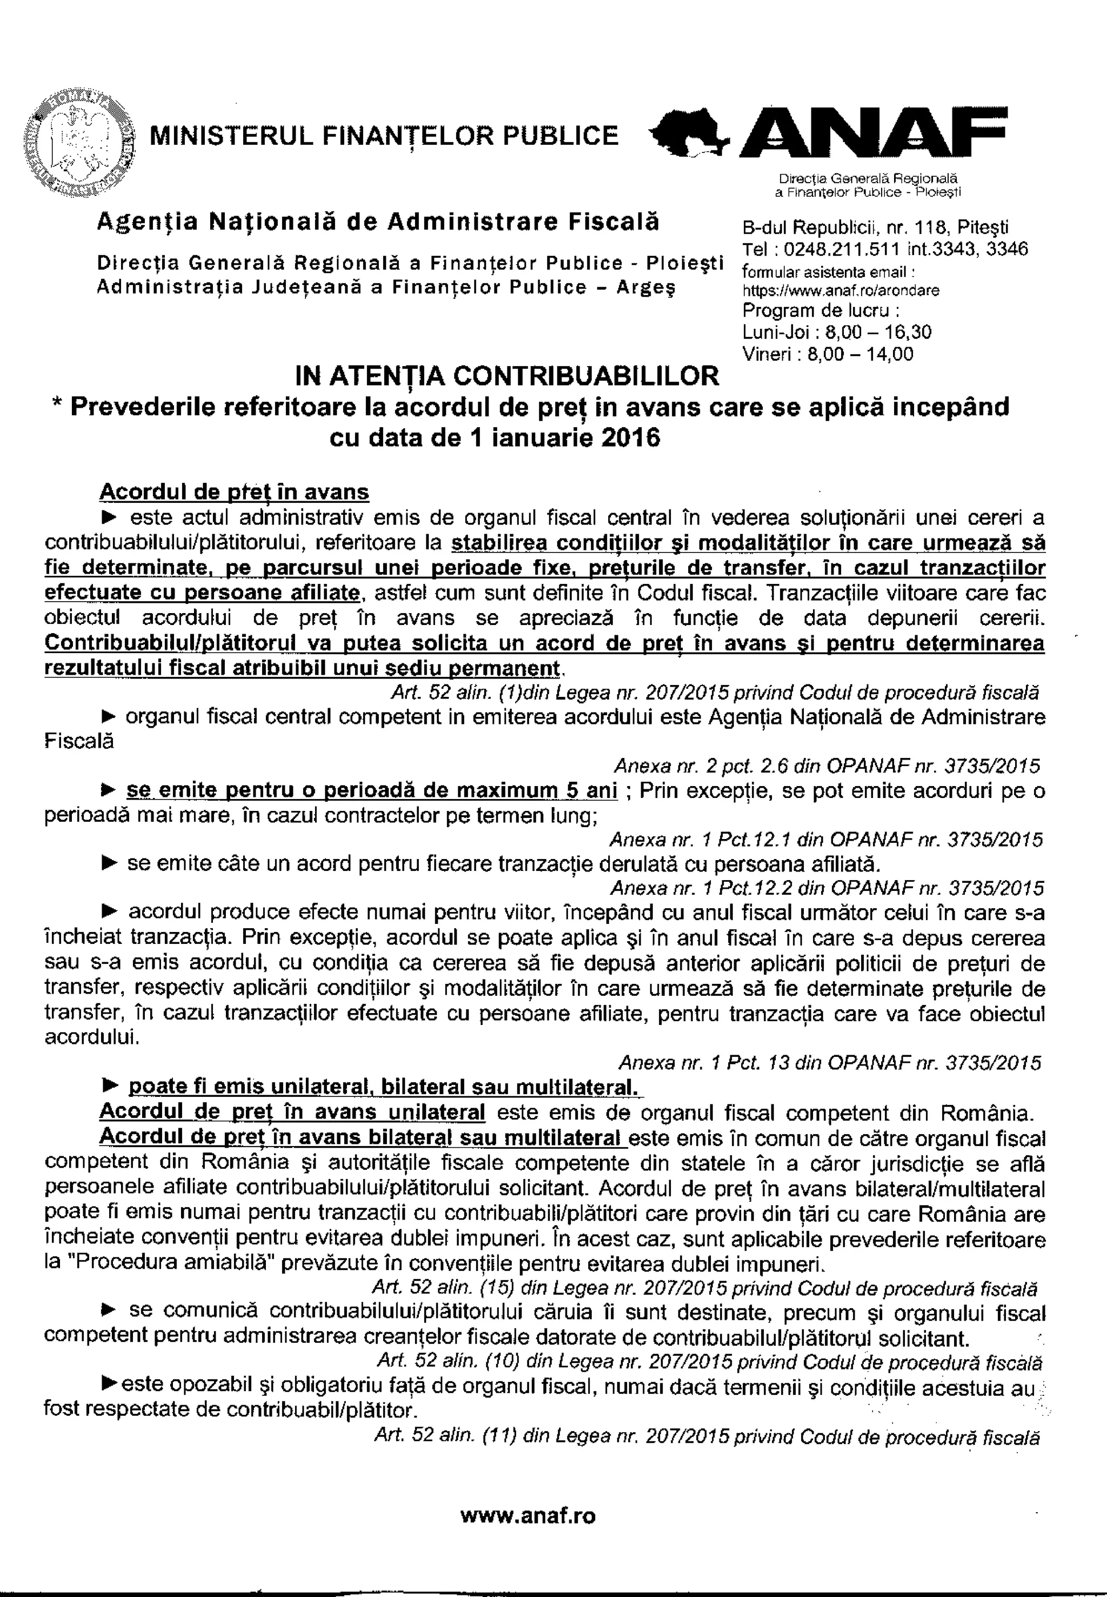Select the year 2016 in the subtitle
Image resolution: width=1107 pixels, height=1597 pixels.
[x=632, y=439]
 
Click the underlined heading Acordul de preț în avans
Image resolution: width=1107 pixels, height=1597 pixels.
[x=235, y=492]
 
